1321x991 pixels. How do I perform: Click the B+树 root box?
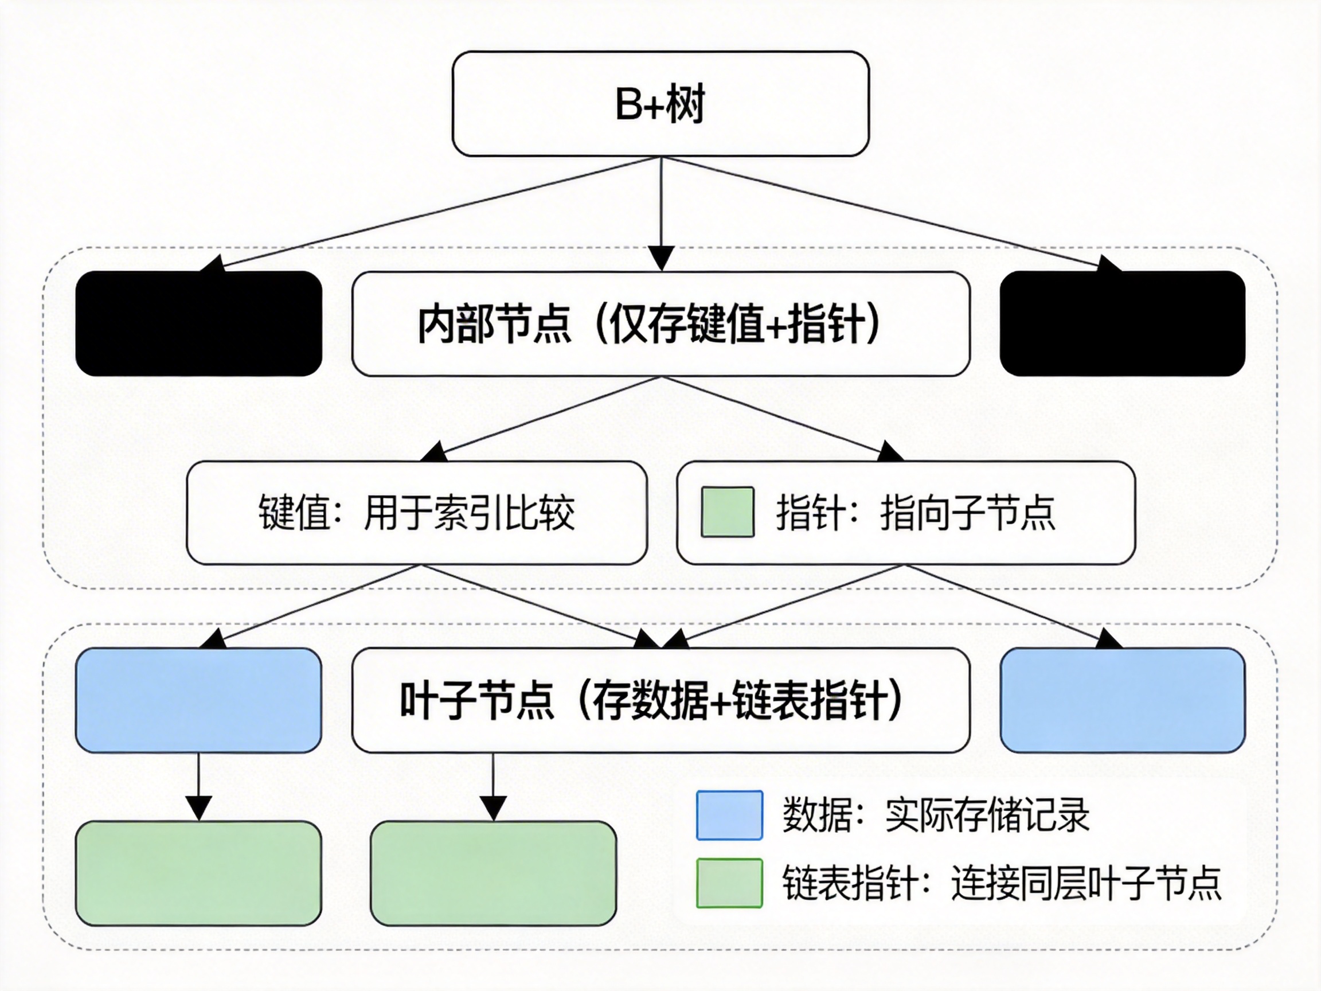[x=660, y=103]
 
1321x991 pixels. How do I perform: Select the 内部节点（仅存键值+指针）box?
[x=660, y=324]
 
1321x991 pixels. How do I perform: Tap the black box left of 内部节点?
[x=199, y=324]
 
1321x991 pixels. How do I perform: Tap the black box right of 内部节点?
[x=1122, y=324]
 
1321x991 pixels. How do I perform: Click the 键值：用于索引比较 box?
[x=417, y=513]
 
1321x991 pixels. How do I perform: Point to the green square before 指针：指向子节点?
[x=728, y=512]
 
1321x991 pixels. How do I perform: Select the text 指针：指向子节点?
[x=916, y=513]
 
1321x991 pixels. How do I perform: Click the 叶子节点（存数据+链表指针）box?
[x=660, y=700]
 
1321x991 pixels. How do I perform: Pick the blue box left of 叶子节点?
[x=199, y=700]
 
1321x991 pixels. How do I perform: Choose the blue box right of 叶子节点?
[x=1122, y=700]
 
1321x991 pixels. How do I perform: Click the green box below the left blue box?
[x=199, y=873]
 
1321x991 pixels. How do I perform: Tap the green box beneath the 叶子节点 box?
[x=493, y=873]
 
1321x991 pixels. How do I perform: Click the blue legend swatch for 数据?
[x=729, y=816]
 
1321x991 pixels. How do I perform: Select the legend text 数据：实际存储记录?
[x=936, y=816]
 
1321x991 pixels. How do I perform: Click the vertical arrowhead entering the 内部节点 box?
[x=661, y=259]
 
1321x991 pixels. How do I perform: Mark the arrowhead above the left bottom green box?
[x=199, y=808]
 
